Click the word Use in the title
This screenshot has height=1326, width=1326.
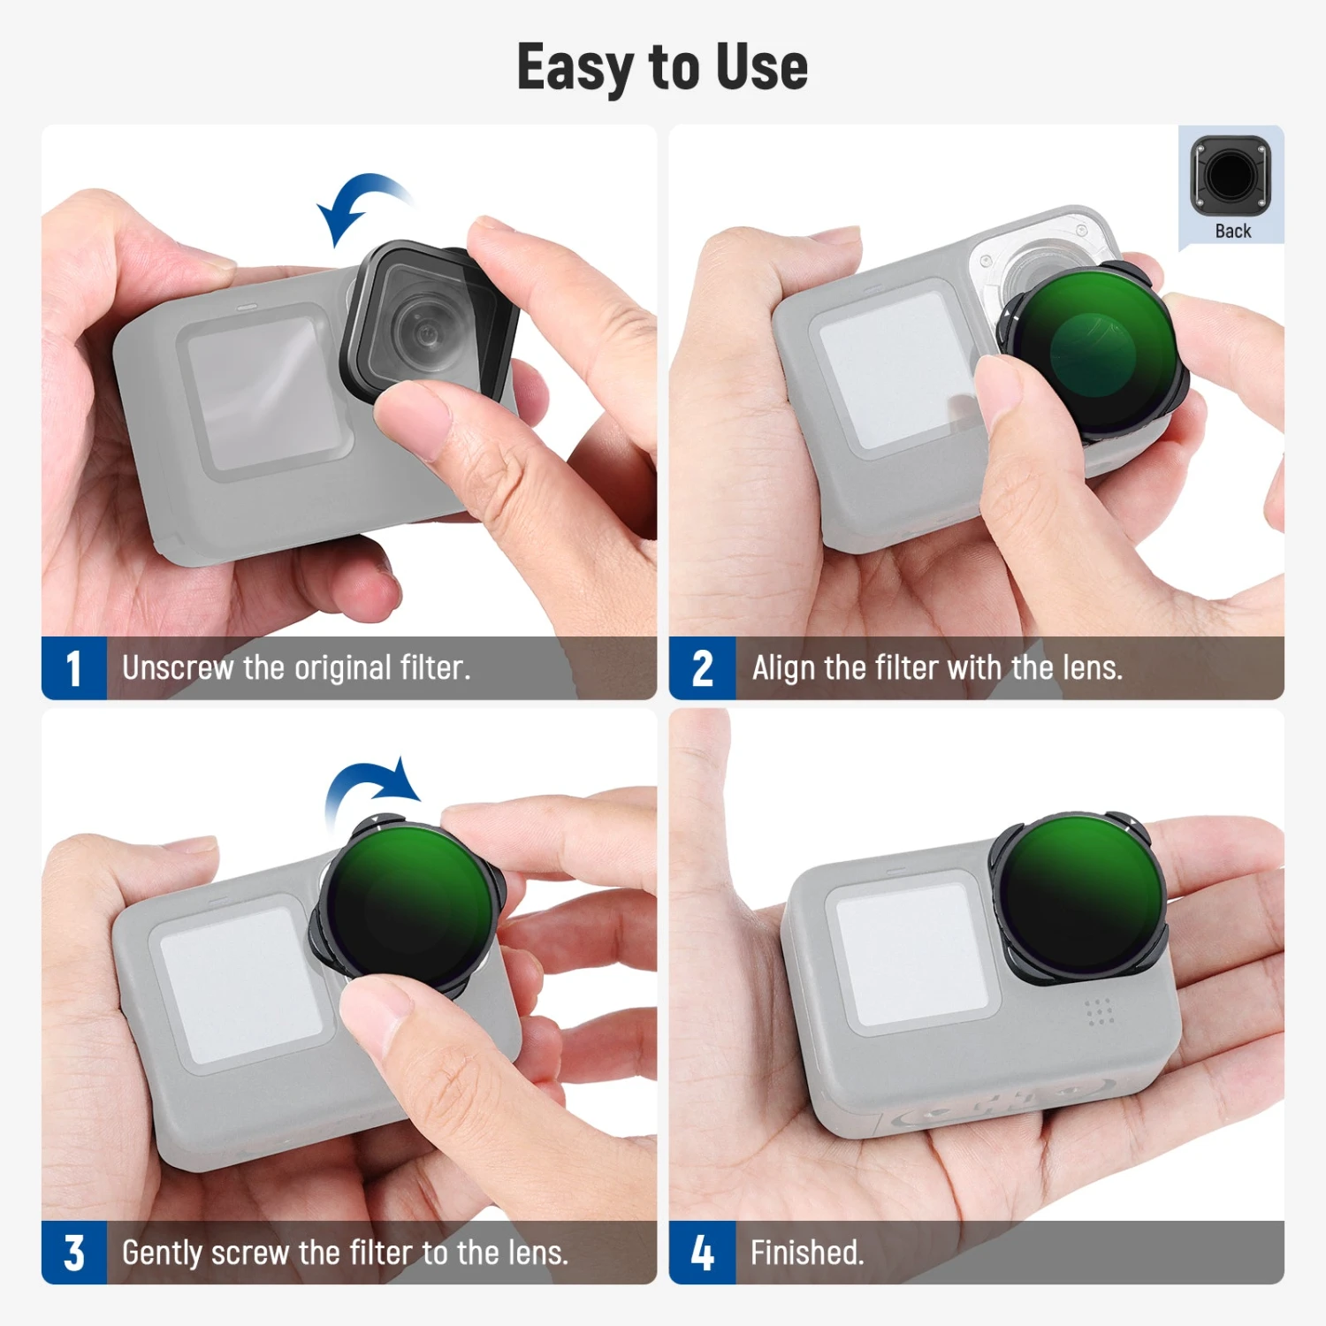tap(762, 67)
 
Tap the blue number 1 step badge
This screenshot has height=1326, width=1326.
tap(74, 668)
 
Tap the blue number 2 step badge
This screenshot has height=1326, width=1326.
tap(702, 668)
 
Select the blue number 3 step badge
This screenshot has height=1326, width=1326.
tap(74, 1253)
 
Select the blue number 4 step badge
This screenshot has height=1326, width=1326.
tap(702, 1253)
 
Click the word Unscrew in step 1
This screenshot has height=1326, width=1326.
tap(177, 668)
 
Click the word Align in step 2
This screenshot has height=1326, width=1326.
tap(783, 668)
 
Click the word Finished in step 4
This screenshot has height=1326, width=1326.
tap(805, 1253)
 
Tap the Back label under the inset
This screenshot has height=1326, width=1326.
tap(1232, 232)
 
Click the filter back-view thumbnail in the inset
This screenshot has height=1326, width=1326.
tap(1230, 175)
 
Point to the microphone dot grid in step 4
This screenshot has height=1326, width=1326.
tap(1099, 1012)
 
